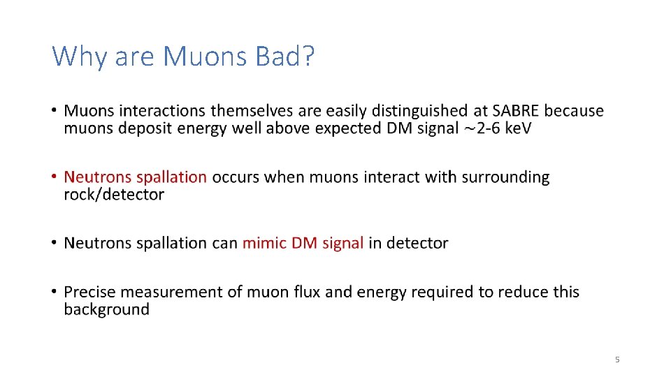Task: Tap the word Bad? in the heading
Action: tap(285, 56)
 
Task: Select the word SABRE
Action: tap(516, 111)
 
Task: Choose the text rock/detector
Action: tap(114, 195)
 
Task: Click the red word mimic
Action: tap(264, 243)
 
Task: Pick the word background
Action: tap(106, 309)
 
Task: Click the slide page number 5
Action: tap(616, 360)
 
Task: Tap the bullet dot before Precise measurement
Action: tap(55, 293)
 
